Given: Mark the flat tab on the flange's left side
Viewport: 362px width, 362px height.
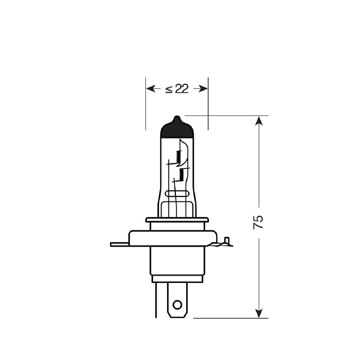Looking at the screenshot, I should click(119, 245).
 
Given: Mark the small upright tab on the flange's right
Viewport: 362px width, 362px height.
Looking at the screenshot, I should click(228, 240).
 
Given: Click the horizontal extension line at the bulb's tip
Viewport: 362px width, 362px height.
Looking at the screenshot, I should click(227, 115).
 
